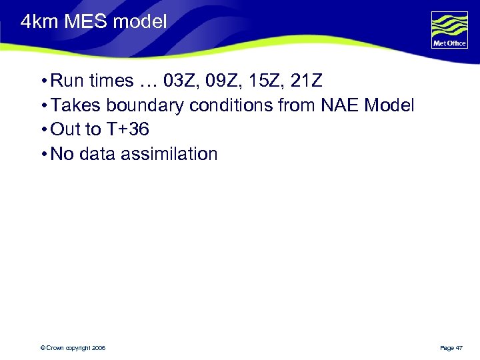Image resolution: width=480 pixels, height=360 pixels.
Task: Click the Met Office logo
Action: coord(449,30)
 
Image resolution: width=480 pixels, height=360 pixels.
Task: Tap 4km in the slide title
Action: coord(37,22)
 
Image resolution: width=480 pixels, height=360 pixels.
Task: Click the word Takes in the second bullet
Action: coord(74,105)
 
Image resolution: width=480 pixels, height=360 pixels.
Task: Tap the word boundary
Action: coord(143,105)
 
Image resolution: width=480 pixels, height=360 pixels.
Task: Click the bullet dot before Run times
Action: coord(43,82)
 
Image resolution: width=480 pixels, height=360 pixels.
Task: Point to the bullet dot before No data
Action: coord(43,155)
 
